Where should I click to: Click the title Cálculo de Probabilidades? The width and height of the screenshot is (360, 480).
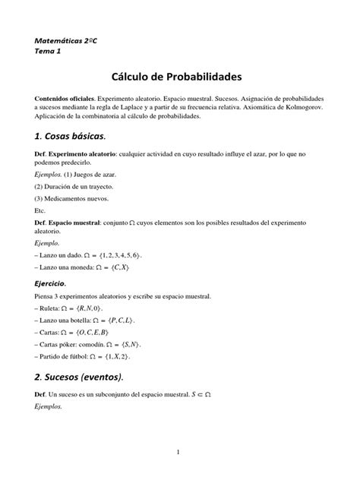pyautogui.click(x=179, y=77)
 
